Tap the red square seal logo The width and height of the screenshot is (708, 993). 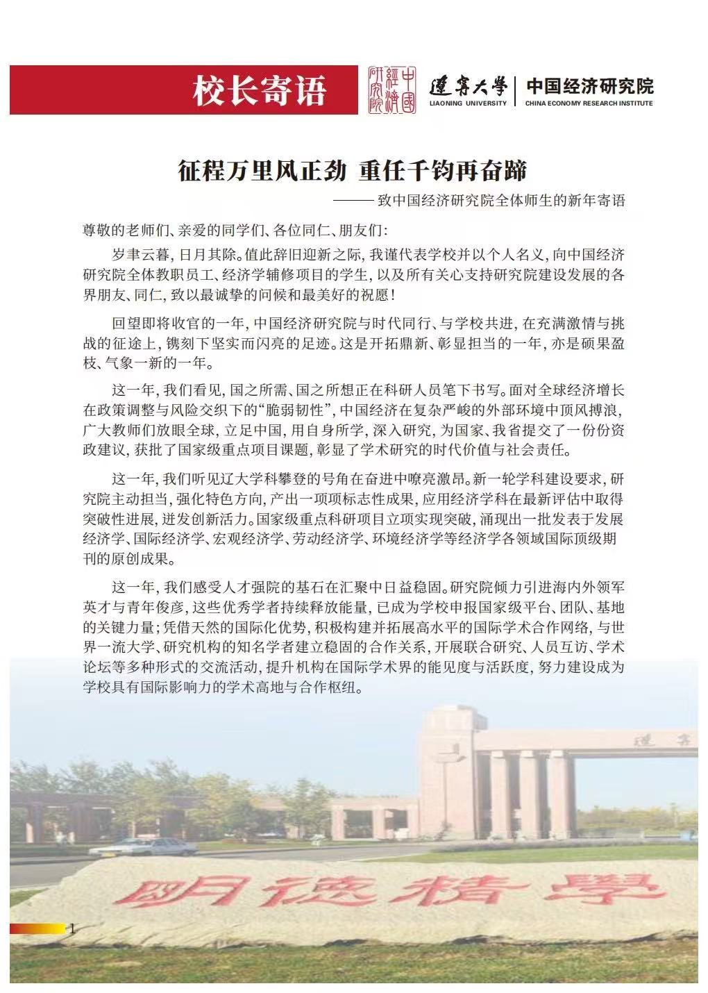click(391, 90)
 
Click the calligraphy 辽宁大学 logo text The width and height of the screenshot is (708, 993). click(468, 86)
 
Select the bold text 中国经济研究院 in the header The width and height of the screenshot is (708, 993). click(589, 85)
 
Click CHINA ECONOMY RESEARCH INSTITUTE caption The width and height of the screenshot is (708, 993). click(589, 103)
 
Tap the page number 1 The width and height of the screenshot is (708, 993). click(72, 928)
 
